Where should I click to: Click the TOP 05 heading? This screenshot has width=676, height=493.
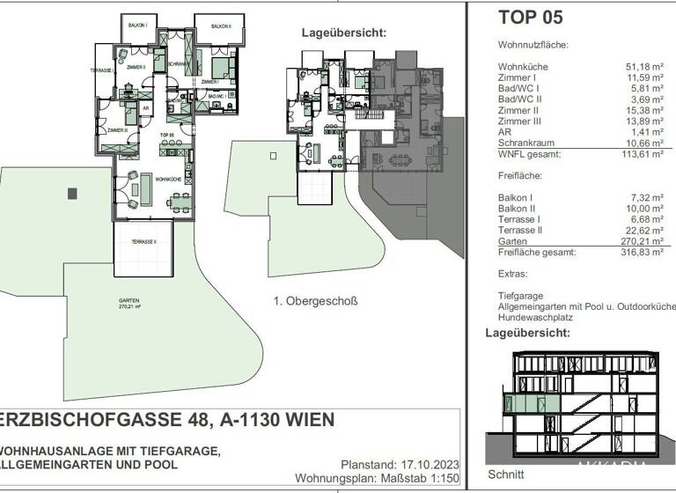[x=530, y=17]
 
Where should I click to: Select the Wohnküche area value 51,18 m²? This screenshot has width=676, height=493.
[x=652, y=67]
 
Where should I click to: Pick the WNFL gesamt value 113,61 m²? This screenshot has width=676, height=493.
[x=650, y=154]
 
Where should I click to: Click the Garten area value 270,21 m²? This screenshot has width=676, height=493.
[x=650, y=240]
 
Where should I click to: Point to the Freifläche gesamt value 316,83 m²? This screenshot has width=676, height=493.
[x=650, y=252]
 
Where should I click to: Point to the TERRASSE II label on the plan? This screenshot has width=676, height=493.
[x=143, y=241]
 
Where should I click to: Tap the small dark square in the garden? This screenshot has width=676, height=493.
[x=72, y=193]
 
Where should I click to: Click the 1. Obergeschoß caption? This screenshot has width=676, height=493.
[x=315, y=301]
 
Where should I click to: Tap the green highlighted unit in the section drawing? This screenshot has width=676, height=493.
[x=519, y=403]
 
